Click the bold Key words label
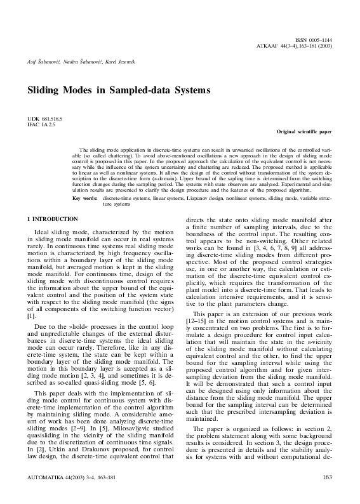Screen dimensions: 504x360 tap(85, 198)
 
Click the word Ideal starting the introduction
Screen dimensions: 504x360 tap(43, 232)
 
